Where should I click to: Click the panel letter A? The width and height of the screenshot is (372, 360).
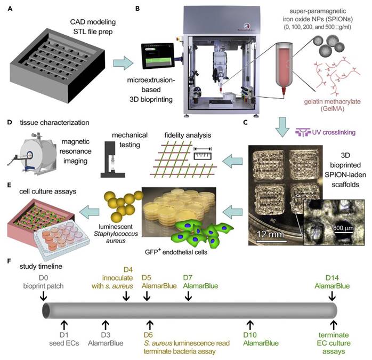[10, 9]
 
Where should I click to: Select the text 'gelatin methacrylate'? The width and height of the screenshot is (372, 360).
[332, 102]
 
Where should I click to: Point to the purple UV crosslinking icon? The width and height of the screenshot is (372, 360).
[303, 132]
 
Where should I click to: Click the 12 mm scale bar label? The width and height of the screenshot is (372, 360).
[270, 234]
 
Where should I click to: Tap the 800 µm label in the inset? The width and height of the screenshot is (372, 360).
[343, 228]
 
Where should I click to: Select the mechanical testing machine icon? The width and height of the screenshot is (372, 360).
[113, 159]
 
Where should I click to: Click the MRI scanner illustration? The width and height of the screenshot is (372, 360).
[33, 153]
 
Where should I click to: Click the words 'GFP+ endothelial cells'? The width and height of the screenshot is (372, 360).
[176, 252]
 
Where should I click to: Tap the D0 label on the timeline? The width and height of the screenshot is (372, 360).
[43, 277]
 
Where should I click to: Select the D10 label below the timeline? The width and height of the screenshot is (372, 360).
[250, 335]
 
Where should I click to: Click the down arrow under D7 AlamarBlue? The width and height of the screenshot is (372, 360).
[188, 296]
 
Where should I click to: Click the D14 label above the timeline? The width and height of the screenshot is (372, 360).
[332, 277]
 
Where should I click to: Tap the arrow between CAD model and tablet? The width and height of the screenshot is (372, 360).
[123, 63]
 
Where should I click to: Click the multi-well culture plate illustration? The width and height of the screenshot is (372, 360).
[62, 239]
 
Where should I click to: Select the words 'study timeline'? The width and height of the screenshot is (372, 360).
[41, 266]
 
